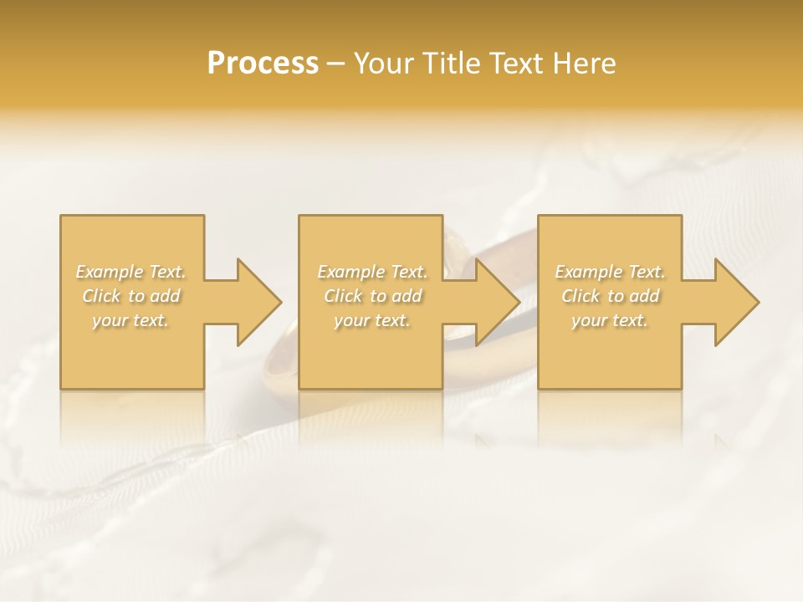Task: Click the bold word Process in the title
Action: [x=263, y=64]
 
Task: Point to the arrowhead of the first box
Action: [x=258, y=302]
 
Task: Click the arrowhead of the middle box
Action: [x=498, y=302]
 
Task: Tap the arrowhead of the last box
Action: [x=737, y=302]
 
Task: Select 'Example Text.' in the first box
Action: [x=131, y=272]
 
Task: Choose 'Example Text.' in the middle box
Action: [x=372, y=272]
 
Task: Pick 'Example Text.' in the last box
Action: [x=610, y=272]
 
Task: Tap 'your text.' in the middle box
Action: [x=371, y=320]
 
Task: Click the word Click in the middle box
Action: [x=343, y=296]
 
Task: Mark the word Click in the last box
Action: [x=581, y=296]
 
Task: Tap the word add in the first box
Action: [x=166, y=296]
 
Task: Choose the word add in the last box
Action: [x=645, y=296]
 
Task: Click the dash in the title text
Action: [x=336, y=64]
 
